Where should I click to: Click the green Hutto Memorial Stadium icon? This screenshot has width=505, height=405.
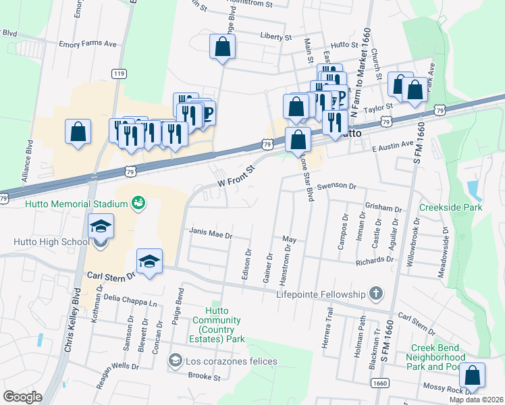(138, 203)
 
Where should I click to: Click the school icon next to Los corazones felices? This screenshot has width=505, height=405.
(176, 361)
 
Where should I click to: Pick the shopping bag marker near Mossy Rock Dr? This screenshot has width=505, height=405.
(474, 375)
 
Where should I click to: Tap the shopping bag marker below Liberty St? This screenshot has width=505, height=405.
(222, 47)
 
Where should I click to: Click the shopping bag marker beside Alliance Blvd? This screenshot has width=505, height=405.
(78, 131)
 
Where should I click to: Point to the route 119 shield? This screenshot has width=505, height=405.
(119, 74)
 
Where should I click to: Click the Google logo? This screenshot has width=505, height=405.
(22, 396)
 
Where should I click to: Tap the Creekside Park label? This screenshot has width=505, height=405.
(451, 207)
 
